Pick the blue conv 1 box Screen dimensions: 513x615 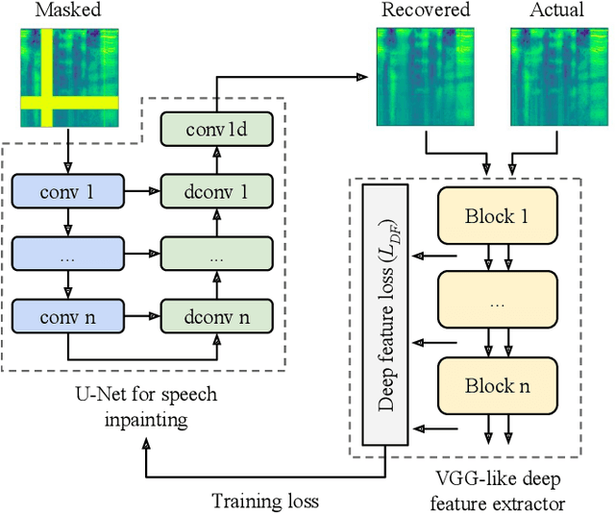coord(68,192)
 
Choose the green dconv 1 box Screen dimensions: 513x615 coord(216,192)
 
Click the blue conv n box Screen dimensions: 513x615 coord(68,314)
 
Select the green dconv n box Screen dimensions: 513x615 coord(216,314)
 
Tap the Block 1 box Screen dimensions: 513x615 coord(497,215)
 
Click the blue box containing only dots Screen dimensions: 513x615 coord(68,254)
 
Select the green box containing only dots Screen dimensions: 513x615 coord(216,254)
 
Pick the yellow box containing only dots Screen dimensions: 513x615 coord(497,300)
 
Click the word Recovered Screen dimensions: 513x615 coord(426,11)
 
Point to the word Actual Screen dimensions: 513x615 coord(556,11)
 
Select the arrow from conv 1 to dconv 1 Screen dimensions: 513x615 coord(142,192)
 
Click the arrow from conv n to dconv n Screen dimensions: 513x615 coord(142,314)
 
